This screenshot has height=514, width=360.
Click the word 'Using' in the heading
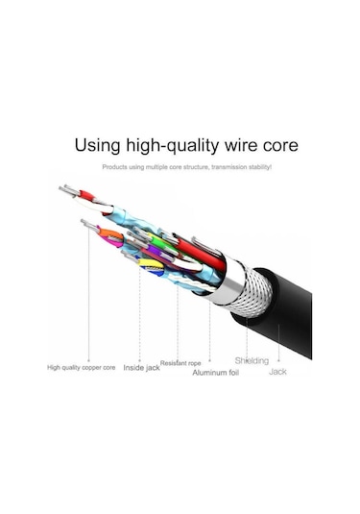[98, 146]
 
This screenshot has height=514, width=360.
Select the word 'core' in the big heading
[277, 146]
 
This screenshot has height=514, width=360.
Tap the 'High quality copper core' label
[83, 366]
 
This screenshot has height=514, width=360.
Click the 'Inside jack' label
[142, 366]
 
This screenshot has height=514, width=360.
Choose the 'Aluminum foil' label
[214, 372]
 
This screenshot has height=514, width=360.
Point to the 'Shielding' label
[252, 360]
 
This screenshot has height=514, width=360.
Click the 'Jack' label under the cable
[277, 371]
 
